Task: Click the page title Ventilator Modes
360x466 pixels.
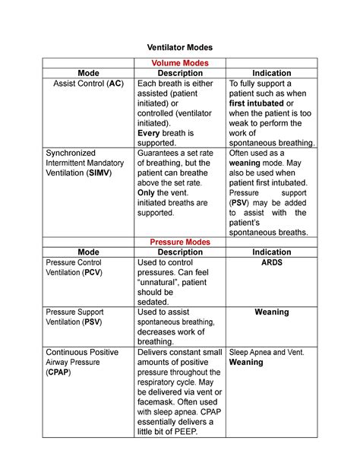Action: click(179, 46)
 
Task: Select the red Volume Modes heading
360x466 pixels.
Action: click(179, 62)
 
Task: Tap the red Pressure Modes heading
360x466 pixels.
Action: click(179, 242)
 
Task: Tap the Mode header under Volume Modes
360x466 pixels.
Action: click(88, 73)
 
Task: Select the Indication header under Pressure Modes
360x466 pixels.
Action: click(272, 252)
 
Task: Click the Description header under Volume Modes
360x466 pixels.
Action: click(179, 73)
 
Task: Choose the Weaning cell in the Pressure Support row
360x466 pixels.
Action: click(272, 312)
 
